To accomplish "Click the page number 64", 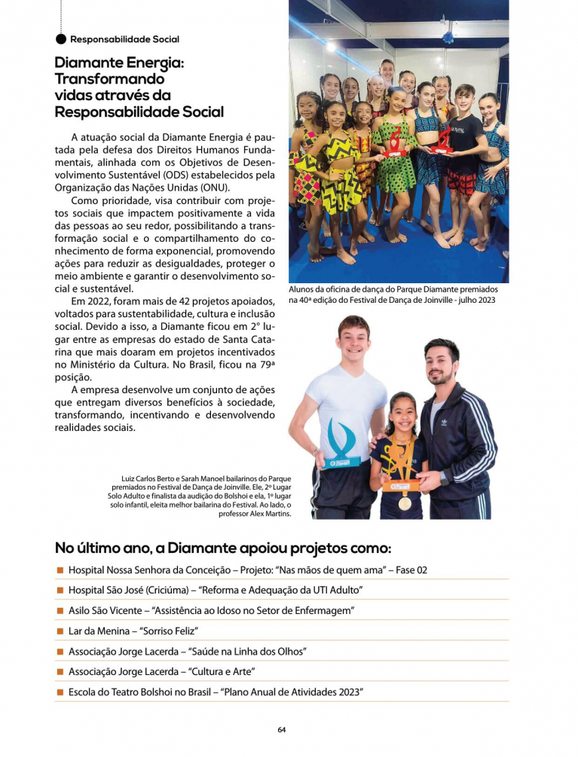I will pos(281,729).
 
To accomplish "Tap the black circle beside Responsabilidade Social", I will pos(61,38).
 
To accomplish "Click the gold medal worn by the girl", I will pos(405,503).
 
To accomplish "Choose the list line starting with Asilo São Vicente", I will pos(211,610).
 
